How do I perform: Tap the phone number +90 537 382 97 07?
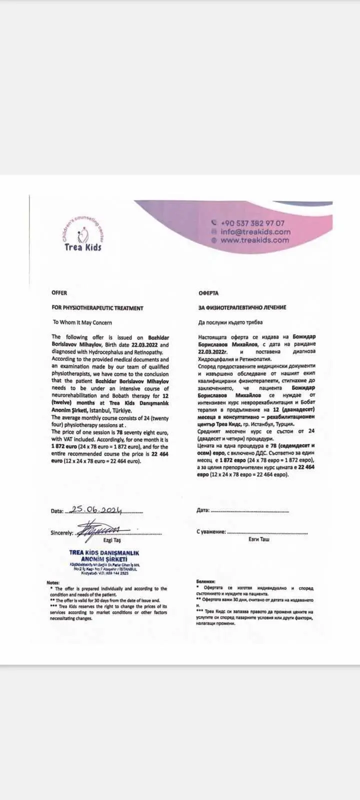pos(252,223)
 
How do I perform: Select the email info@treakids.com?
pos(255,232)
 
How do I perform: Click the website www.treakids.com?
pos(254,240)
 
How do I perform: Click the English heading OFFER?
pos(59,293)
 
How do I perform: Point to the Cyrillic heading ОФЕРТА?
pos(208,293)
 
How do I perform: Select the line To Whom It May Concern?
pos(82,322)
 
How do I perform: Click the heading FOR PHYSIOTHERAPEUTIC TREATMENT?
pos(97,308)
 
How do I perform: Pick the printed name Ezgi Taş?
pos(112,540)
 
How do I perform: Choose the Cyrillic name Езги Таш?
pos(258,539)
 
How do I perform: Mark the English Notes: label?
pos(53,583)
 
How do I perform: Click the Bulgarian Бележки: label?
pos(206,582)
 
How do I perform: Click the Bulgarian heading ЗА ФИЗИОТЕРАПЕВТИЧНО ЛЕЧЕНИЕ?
pos(242,307)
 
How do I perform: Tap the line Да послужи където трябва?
pos(230,322)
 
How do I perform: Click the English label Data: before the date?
pos(57,511)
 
